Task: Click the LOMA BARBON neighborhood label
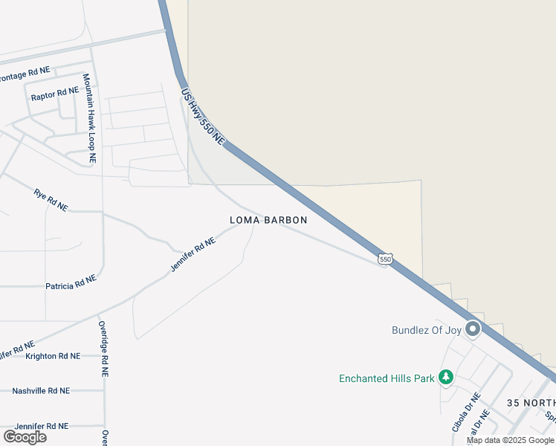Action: (x=268, y=220)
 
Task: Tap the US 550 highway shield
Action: (x=384, y=259)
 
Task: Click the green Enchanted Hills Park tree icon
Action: (x=446, y=378)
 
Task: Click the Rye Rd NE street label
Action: (x=51, y=200)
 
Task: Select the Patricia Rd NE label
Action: (x=71, y=282)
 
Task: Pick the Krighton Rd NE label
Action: (x=52, y=356)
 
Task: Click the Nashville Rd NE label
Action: (x=41, y=390)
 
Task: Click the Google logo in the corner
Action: (x=25, y=436)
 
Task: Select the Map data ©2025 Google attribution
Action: (x=510, y=440)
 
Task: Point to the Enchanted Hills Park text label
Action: (x=387, y=378)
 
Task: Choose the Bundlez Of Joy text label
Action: (x=427, y=330)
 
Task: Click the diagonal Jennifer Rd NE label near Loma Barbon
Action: (x=193, y=254)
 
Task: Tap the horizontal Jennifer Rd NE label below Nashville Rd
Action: (x=42, y=426)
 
